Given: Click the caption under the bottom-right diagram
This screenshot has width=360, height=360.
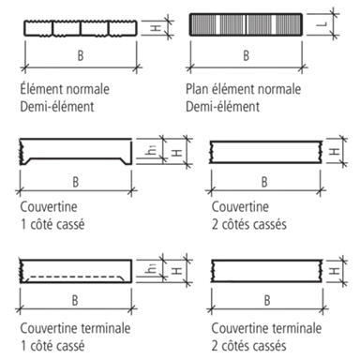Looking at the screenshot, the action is coord(258,335).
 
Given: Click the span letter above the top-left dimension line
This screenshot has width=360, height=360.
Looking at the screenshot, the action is coord(81,59).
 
